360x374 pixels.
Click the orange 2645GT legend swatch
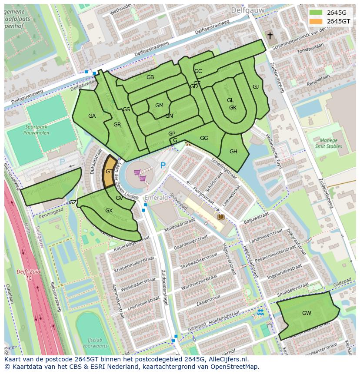(316, 21)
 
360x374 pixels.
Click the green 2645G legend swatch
(316, 13)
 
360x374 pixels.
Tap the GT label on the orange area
(109, 172)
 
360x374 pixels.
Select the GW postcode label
(307, 313)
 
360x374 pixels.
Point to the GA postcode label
(92, 116)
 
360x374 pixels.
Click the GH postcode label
(233, 152)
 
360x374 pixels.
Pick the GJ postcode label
(256, 87)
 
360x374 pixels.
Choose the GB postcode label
(150, 77)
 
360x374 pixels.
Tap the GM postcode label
(159, 106)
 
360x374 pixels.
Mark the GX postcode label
(109, 211)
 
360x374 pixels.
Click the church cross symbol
(270, 36)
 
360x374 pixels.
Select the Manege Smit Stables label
(328, 143)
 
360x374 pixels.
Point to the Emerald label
(156, 198)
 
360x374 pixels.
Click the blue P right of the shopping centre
(163, 165)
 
